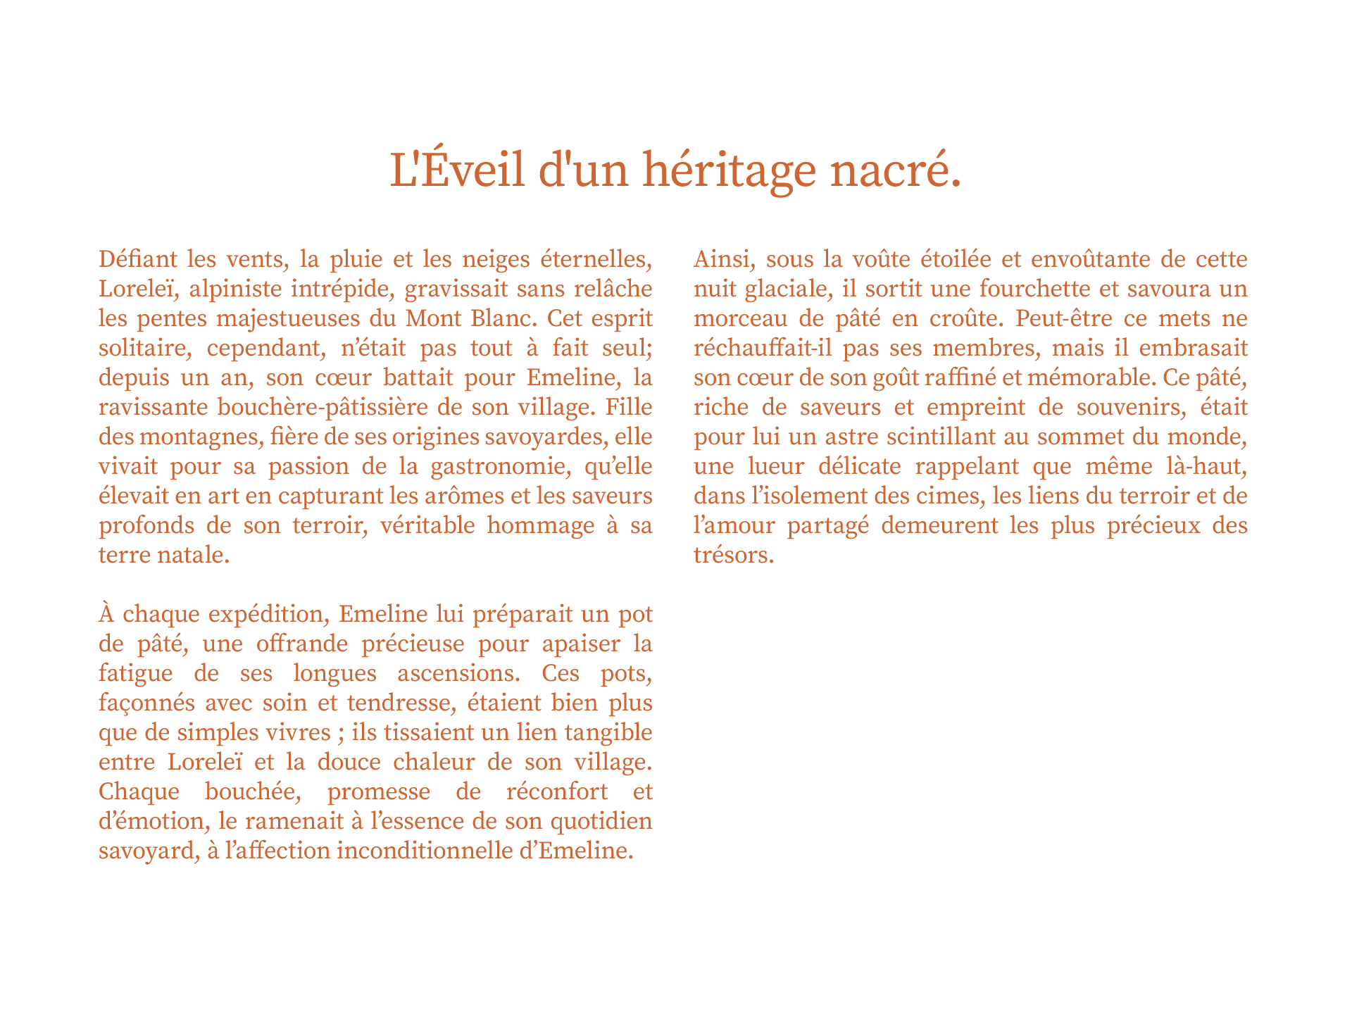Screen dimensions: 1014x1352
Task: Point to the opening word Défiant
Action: click(138, 259)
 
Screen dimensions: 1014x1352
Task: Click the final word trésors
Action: click(733, 555)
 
